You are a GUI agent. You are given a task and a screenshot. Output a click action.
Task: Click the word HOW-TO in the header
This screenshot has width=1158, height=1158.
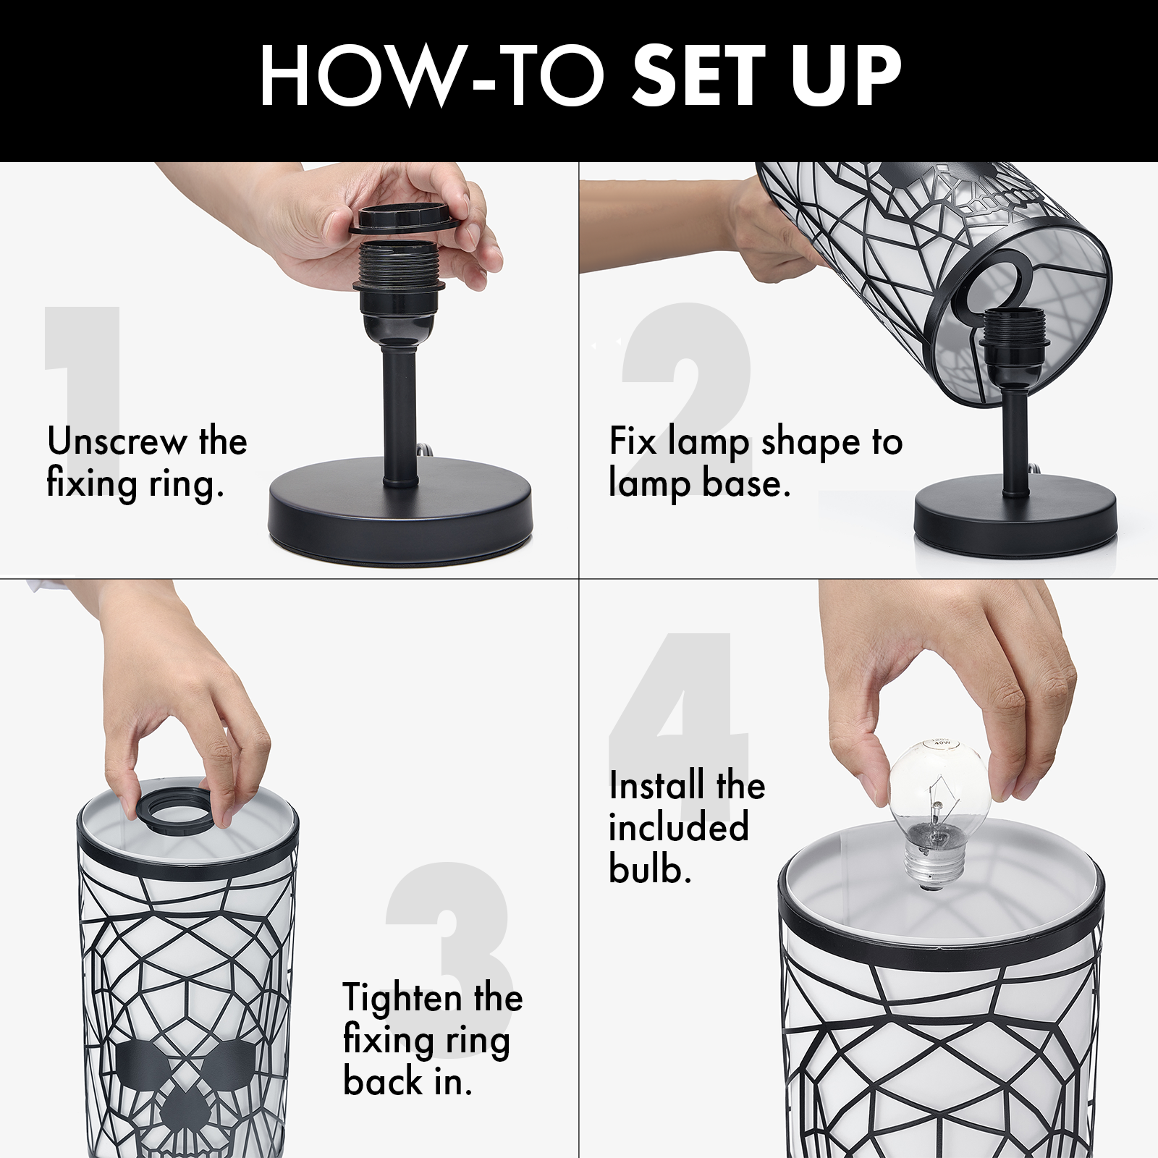tap(433, 76)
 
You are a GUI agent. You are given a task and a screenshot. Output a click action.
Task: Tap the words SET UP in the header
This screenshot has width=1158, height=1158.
tap(766, 76)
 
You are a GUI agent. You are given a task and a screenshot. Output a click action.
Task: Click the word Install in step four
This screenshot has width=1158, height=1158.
tap(656, 785)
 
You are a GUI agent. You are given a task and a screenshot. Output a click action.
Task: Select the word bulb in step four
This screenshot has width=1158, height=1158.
tap(649, 869)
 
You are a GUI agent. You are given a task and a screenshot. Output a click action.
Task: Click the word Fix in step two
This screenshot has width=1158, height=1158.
tap(633, 441)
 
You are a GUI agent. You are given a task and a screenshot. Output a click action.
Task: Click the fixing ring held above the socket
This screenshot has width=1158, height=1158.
tap(403, 219)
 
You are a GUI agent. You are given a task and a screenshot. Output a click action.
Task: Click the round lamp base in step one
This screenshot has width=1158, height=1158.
tap(400, 510)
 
